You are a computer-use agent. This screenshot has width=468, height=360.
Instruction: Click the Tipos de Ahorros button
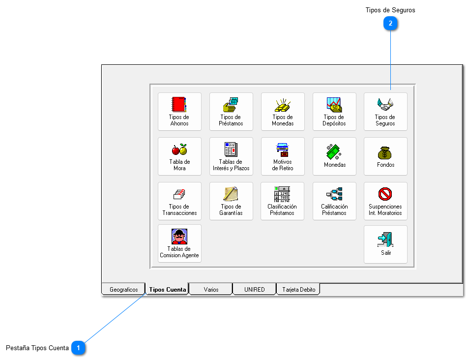tap(179, 112)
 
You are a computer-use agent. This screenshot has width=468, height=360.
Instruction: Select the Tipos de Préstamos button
tap(231, 112)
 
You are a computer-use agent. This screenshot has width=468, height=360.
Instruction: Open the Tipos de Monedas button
tap(283, 112)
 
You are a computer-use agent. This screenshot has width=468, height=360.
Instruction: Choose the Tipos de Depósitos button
tap(334, 112)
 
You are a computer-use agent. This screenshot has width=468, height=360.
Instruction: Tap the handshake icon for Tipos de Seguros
tap(385, 104)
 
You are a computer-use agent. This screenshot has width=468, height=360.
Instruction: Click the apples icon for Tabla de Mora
tap(179, 149)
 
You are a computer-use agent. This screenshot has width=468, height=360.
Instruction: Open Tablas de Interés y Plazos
tap(231, 156)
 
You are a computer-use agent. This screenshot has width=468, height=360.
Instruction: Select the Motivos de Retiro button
tap(283, 156)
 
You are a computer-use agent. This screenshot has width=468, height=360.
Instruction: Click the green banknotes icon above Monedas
tap(334, 150)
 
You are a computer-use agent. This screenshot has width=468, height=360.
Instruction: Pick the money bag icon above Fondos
tap(385, 152)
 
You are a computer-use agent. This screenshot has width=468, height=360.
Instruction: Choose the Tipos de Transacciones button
tap(179, 201)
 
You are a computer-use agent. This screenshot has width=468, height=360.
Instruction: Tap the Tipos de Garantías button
tap(231, 201)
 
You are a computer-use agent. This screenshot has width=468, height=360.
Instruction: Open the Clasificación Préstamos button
tap(283, 201)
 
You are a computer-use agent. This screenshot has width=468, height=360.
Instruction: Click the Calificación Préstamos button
tap(334, 201)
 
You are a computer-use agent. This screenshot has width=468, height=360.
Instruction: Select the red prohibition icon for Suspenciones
tap(385, 194)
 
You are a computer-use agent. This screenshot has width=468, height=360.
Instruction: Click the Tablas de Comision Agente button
tap(179, 243)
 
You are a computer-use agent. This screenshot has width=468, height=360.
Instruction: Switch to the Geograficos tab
tap(123, 290)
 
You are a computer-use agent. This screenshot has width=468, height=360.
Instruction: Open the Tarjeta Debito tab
tap(298, 290)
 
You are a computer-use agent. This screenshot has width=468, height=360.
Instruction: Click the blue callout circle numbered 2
tap(390, 23)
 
